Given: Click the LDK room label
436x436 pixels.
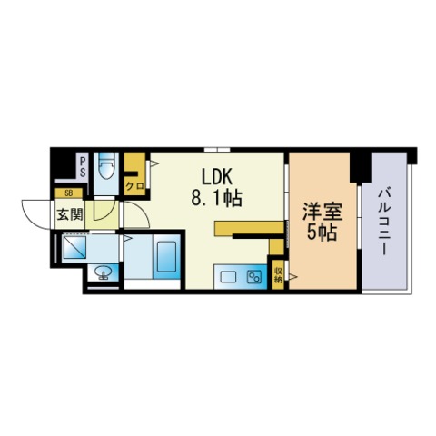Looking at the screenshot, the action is pos(217,177).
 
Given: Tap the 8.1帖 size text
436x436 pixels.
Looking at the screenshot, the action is pos(216,198).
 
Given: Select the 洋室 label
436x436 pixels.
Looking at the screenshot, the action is pos(322,212).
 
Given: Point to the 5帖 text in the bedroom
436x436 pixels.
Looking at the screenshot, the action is pos(322,233).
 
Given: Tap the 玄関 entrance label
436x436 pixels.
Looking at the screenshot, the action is pos(70,214).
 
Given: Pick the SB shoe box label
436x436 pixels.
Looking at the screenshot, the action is pos(69,193).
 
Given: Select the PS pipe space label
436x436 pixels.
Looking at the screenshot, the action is pos(83,167).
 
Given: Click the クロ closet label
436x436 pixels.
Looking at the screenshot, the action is pos(134,186).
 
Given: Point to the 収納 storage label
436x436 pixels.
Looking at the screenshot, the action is pos(278,274).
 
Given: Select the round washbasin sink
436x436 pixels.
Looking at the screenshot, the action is pos(104,272).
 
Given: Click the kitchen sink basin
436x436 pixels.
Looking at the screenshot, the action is pos(228,277).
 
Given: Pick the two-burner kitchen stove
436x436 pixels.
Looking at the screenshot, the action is pos(254,277).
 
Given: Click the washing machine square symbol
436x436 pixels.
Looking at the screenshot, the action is pos(74,247).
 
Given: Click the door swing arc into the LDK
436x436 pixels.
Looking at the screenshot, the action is pos(143,211).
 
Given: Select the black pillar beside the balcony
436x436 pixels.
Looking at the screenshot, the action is pos(361,167).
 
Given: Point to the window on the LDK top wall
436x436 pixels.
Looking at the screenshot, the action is pos(217,149).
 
